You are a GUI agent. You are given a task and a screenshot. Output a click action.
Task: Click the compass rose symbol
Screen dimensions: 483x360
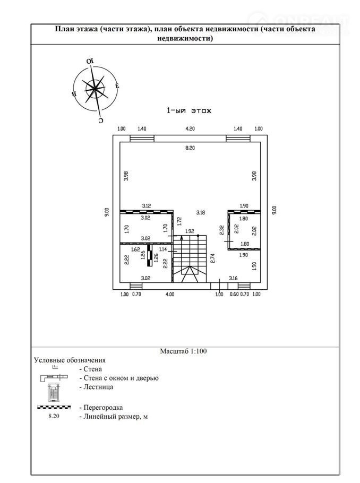pyautogui.click(x=95, y=88)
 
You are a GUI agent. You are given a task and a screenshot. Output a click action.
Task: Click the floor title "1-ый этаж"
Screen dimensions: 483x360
pyautogui.click(x=190, y=111)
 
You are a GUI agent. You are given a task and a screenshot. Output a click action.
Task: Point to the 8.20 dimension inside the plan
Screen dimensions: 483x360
pyautogui.click(x=190, y=148)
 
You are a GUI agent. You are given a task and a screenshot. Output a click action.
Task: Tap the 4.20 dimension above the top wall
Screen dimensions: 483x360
pyautogui.click(x=190, y=129)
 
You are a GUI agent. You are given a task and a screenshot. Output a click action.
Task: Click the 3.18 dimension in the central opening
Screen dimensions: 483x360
pyautogui.click(x=200, y=212)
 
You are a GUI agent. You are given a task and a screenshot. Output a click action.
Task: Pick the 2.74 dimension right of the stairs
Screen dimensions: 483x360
pyautogui.click(x=212, y=258)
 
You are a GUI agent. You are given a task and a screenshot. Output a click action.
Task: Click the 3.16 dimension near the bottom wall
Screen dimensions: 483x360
pyautogui.click(x=233, y=278)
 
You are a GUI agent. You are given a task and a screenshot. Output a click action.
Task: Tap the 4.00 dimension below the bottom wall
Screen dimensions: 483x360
pyautogui.click(x=169, y=294)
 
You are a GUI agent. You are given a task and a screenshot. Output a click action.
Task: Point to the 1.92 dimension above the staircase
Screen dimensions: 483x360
pyautogui.click(x=189, y=231)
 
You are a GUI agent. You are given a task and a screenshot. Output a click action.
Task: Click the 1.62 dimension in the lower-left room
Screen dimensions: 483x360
pyautogui.click(x=135, y=248)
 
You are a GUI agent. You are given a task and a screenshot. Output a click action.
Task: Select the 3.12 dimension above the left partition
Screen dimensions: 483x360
pyautogui.click(x=146, y=205)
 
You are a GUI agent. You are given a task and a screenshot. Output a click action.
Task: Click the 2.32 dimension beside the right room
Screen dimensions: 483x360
pyautogui.click(x=221, y=229)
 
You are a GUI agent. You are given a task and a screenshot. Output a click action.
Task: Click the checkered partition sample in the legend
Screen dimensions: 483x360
pyautogui.click(x=53, y=408)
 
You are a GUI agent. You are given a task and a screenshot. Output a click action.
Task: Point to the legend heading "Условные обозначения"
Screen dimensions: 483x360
pyautogui.click(x=70, y=360)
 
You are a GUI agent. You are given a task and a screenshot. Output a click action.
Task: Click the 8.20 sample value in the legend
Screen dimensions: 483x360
pyautogui.click(x=54, y=417)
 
